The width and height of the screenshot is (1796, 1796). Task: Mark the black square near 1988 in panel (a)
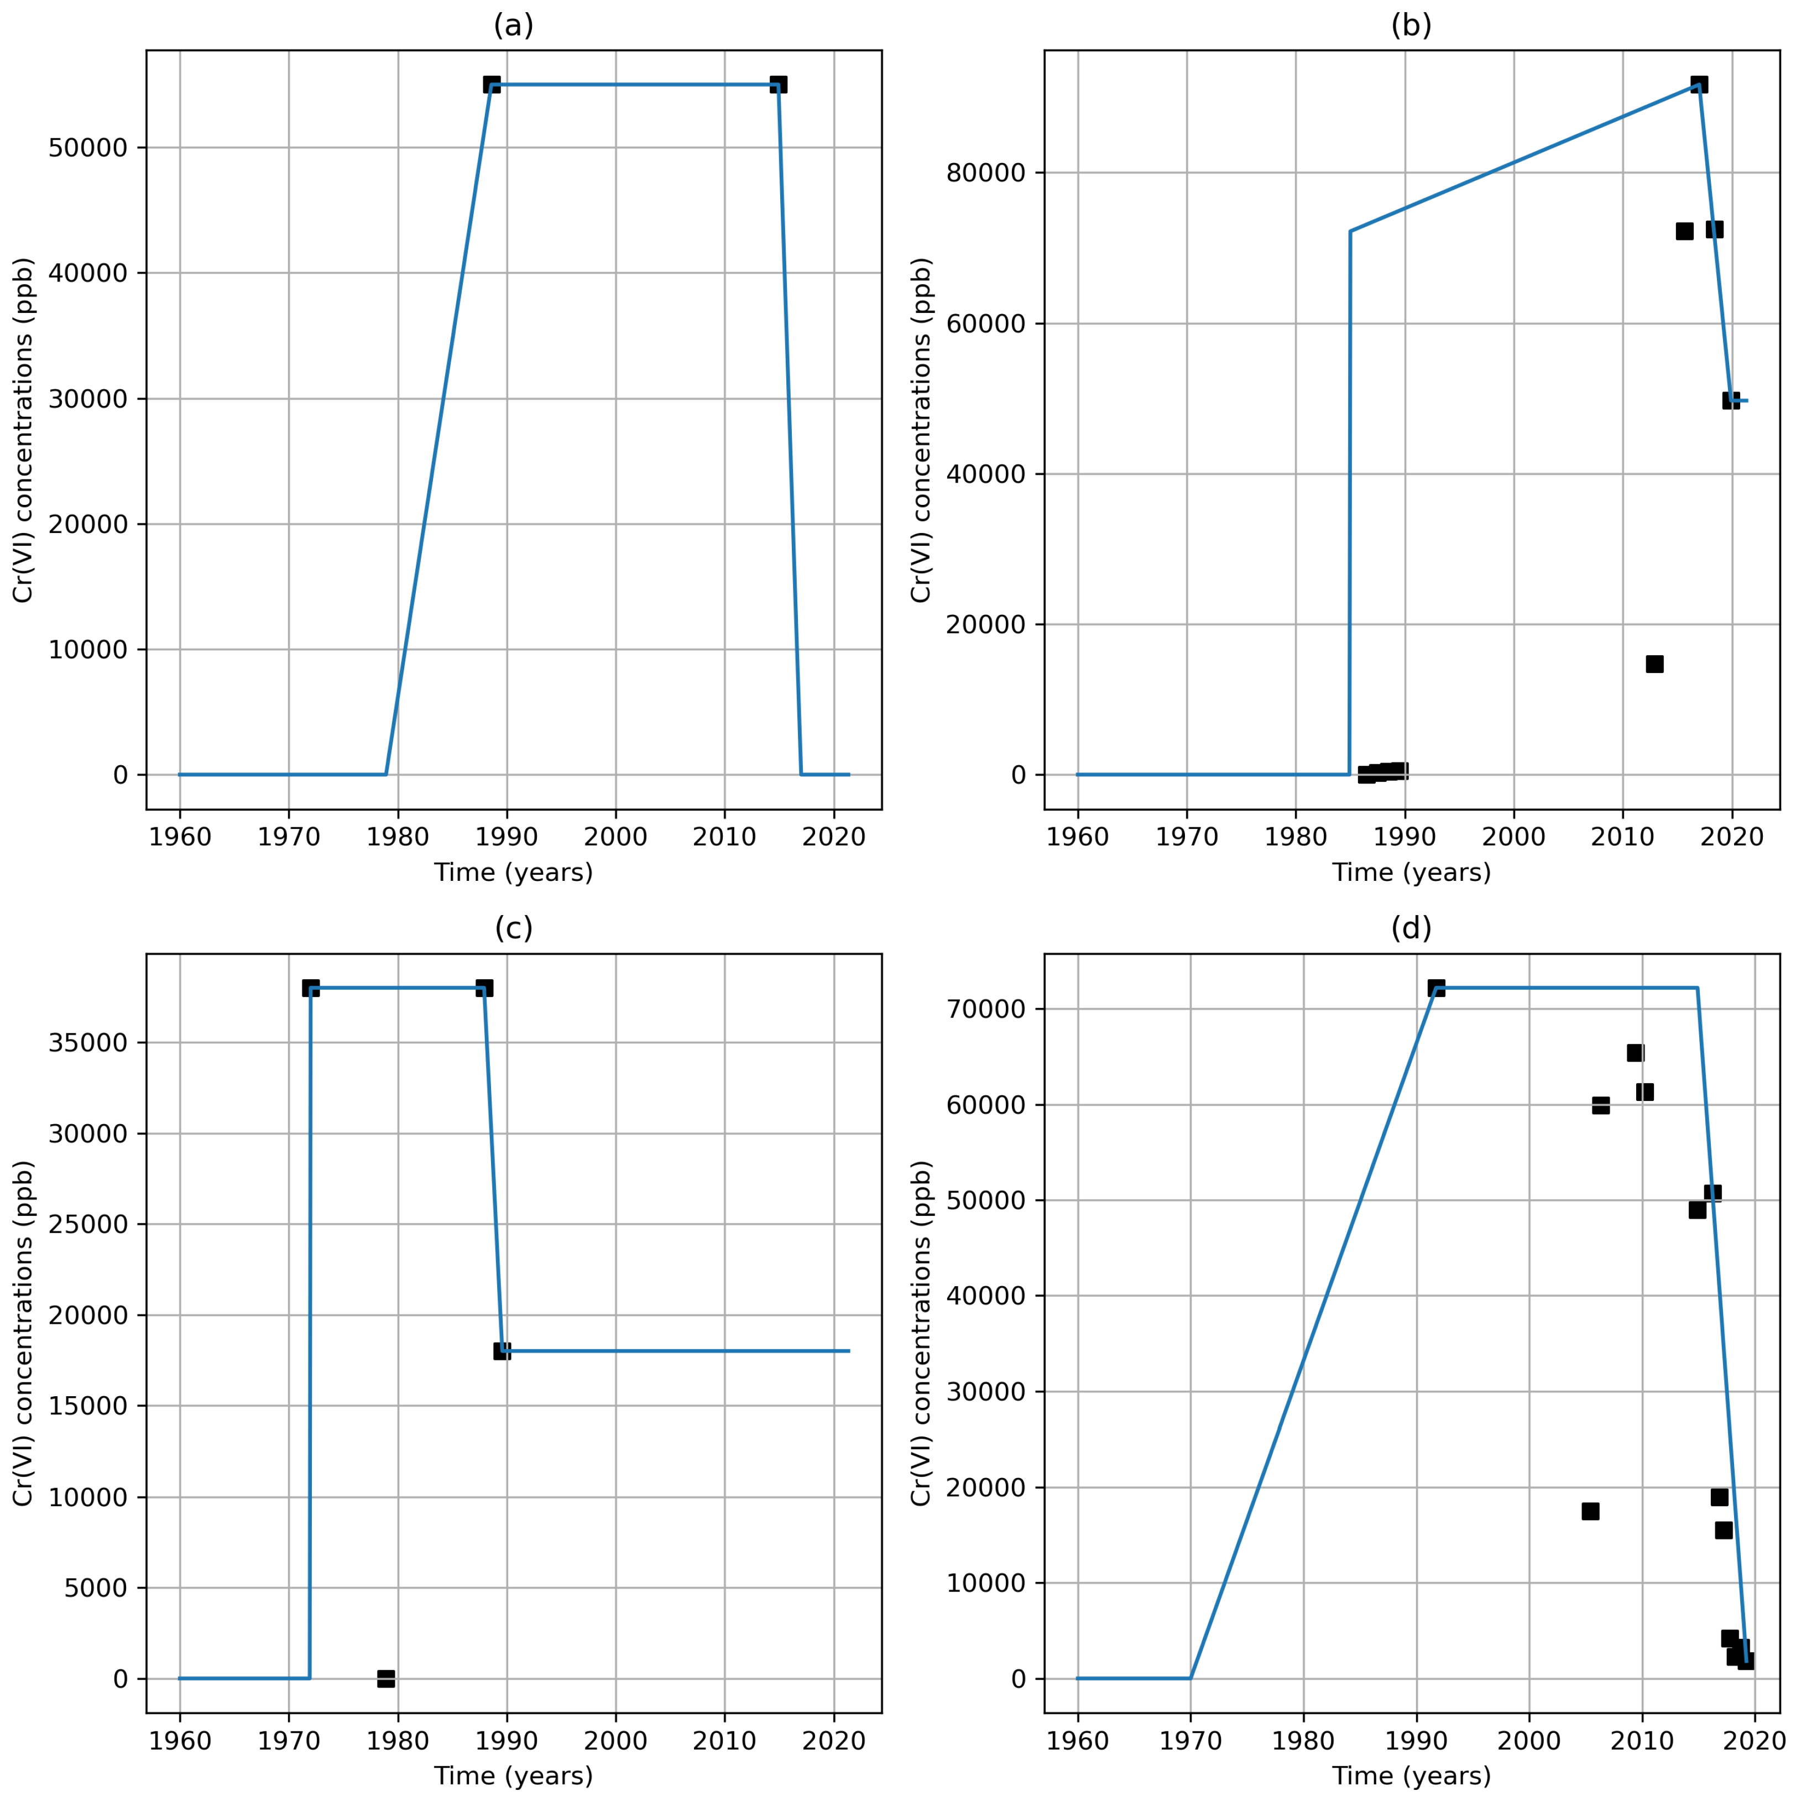coord(492,85)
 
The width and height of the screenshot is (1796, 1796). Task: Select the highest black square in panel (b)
coord(1698,85)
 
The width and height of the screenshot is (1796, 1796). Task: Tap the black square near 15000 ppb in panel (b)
coord(1654,664)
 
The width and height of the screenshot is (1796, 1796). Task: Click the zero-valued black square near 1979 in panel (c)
coord(386,1678)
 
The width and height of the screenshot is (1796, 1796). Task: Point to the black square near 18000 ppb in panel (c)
coord(502,1351)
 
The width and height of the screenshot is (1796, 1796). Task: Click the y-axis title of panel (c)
coord(23,1333)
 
